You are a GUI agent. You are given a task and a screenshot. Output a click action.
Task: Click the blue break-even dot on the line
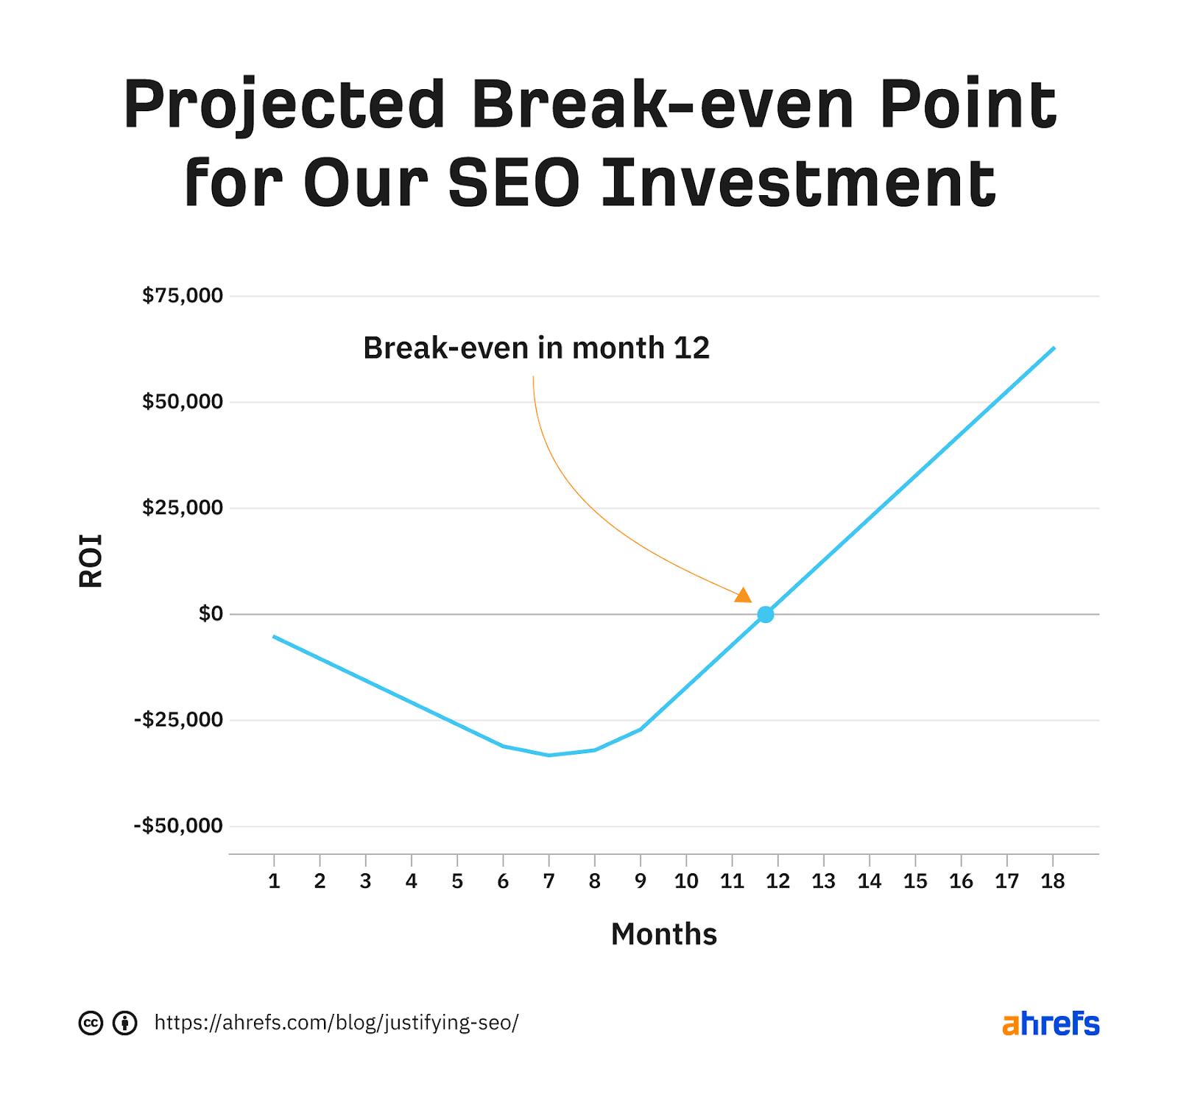coord(765,614)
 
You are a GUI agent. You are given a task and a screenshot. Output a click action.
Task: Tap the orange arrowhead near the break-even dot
coord(744,595)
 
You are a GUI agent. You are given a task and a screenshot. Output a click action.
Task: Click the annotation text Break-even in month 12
coord(536,348)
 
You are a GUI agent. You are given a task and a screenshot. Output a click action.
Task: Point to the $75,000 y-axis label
coord(182,295)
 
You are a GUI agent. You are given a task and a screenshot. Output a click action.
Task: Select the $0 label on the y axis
coord(210,613)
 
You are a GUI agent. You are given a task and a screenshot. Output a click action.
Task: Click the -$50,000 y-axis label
coord(177,825)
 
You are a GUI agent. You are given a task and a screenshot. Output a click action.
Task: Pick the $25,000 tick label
coord(182,507)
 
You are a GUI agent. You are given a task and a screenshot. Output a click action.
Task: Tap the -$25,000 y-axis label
coord(177,719)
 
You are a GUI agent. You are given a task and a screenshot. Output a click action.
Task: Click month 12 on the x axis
coord(777,881)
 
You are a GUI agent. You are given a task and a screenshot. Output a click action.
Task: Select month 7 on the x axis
coord(549,881)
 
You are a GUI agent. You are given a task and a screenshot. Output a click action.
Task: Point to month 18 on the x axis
coord(1052,881)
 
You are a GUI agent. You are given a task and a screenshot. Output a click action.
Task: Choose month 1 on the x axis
coord(274,881)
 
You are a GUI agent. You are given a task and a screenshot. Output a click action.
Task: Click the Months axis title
coord(663,934)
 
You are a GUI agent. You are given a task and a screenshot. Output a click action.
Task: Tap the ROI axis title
coord(91,560)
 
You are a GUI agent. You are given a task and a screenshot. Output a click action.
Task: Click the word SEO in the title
coord(514,183)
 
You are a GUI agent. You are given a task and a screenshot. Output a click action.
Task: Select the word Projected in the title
coord(283,105)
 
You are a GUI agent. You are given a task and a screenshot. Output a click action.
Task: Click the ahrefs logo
coord(1050,1023)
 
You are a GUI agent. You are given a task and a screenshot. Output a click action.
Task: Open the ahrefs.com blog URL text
coord(336,1023)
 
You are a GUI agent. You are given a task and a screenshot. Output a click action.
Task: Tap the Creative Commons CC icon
coord(91,1023)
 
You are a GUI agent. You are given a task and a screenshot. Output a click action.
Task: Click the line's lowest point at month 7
coord(549,755)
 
